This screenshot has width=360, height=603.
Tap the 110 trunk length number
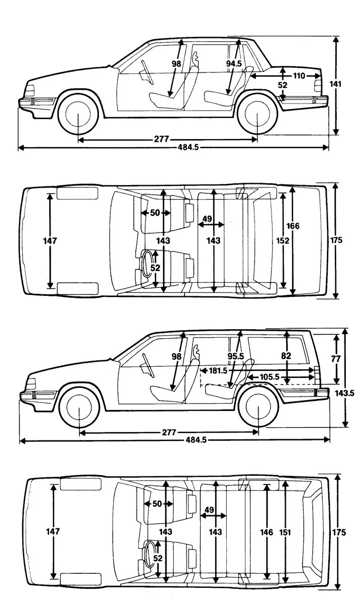299,76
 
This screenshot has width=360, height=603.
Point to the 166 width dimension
294,226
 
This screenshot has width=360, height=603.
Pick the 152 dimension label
283,241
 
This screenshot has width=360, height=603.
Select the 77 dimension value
336,359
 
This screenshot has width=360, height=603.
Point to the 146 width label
267,532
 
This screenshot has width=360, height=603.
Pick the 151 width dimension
286,532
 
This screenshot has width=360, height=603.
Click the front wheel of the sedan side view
78,115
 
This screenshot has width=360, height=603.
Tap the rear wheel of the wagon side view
258,408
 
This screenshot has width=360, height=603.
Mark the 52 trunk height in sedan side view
283,85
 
